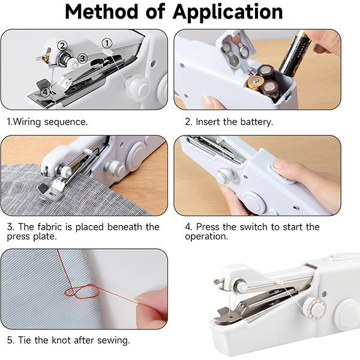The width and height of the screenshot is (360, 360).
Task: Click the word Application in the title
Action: [227, 13]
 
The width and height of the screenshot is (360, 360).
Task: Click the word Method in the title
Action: [101, 11]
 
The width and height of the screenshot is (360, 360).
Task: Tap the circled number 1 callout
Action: [107, 43]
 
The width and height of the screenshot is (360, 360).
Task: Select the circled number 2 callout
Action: [62, 46]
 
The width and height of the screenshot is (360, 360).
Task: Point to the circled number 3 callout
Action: [82, 58]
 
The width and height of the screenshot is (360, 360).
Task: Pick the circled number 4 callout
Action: [46, 92]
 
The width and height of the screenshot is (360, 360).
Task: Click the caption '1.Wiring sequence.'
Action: [47, 122]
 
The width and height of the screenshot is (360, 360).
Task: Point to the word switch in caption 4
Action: [253, 227]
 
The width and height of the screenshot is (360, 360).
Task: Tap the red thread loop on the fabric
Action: [82, 292]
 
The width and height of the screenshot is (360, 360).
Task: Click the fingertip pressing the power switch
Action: [281, 166]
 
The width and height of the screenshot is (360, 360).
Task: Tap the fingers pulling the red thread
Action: [152, 308]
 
